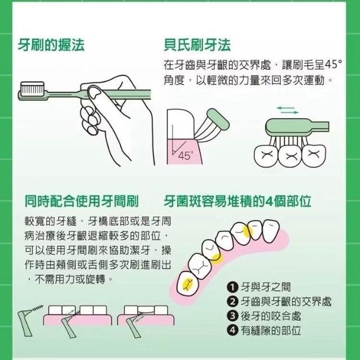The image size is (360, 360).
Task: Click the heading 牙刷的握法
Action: pyautogui.click(x=51, y=45)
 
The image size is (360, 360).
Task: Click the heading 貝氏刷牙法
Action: pyautogui.click(x=197, y=45)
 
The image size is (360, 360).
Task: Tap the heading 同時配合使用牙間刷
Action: pyautogui.click(x=82, y=201)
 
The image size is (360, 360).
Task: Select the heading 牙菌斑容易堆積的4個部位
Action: pyautogui.click(x=237, y=201)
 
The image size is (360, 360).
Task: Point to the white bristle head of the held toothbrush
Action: pyautogui.click(x=33, y=88)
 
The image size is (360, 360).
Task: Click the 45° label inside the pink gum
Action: pyautogui.click(x=186, y=156)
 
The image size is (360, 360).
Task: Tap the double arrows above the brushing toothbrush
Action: pyautogui.click(x=287, y=110)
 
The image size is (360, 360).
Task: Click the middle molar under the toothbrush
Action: pyautogui.click(x=290, y=156)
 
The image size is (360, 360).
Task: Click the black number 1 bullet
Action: pyautogui.click(x=232, y=287)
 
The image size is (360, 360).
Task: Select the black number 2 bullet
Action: pyautogui.click(x=232, y=301)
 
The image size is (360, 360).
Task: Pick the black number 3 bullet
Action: pyautogui.click(x=232, y=316)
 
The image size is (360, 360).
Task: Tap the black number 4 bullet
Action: pyautogui.click(x=232, y=330)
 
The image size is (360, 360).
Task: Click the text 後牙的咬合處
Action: pyautogui.click(x=271, y=316)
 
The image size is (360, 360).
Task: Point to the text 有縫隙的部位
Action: pyautogui.click(x=271, y=330)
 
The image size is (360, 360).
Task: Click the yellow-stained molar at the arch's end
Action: pyautogui.click(x=187, y=284)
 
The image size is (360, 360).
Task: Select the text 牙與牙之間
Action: pyautogui.click(x=265, y=287)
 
